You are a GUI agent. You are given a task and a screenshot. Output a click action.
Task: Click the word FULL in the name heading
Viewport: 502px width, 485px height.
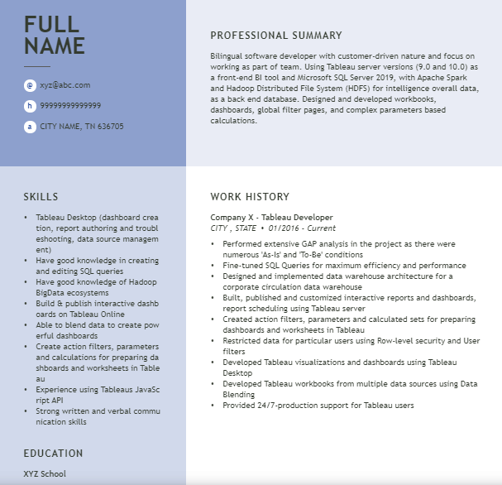click(51, 24)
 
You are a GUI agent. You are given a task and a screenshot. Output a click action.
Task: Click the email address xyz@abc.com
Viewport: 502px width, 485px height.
click(65, 85)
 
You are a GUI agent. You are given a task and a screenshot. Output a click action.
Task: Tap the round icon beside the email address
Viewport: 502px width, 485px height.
click(30, 85)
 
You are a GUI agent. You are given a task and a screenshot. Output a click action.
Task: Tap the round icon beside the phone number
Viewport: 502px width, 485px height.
click(30, 106)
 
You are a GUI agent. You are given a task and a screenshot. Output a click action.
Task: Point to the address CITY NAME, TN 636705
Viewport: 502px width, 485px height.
click(82, 127)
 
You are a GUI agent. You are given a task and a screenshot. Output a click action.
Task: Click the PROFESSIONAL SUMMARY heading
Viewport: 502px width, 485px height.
click(275, 36)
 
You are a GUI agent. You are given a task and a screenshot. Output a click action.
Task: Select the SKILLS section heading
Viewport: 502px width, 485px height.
click(41, 197)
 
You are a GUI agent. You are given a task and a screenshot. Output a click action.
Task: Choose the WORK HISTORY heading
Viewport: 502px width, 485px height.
click(250, 197)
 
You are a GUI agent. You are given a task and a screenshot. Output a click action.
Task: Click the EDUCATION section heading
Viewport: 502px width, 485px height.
click(53, 454)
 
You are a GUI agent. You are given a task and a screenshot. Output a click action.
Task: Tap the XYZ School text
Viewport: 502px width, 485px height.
click(45, 474)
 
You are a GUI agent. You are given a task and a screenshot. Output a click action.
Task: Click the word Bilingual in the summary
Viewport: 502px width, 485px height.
click(228, 55)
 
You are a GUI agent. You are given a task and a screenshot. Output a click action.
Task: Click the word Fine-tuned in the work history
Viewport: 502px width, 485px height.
click(242, 266)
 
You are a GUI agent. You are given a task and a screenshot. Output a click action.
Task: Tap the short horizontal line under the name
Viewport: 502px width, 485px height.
click(36, 66)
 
